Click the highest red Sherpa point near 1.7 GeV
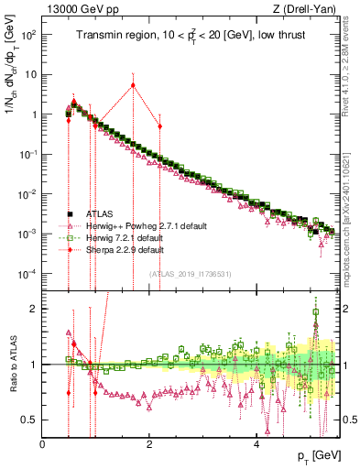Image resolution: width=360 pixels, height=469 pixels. pos(134,85)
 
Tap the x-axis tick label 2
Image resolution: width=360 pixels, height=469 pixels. pos(150,444)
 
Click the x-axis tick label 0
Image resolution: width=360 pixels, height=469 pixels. pos(43,444)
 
